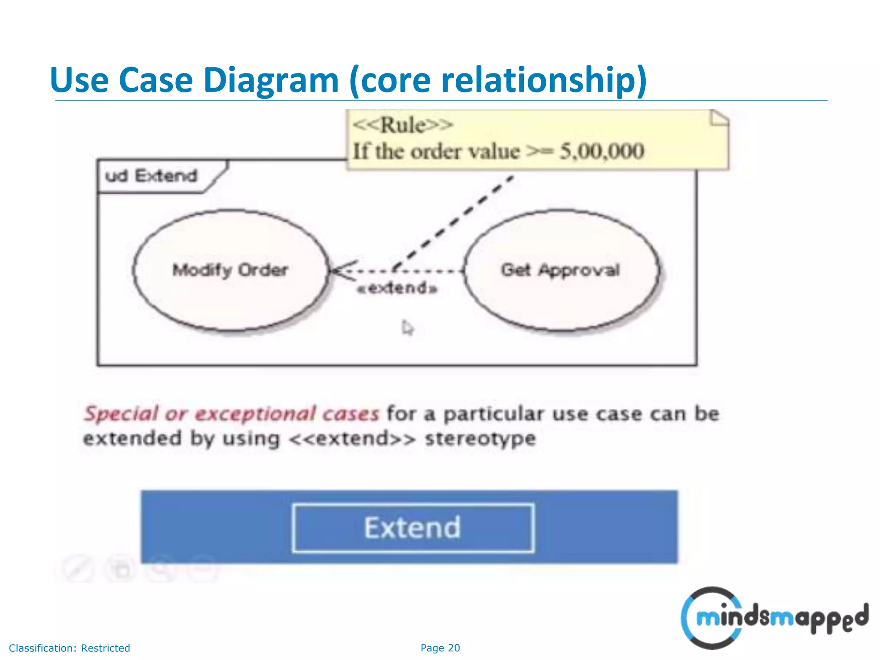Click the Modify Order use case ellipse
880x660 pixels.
(230, 270)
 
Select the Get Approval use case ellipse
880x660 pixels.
(560, 270)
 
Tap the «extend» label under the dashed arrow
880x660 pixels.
(397, 288)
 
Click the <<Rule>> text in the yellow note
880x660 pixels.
(403, 125)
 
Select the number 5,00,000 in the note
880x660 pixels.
(602, 151)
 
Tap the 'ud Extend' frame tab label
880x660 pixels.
(152, 176)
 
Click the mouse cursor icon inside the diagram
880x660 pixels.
(407, 328)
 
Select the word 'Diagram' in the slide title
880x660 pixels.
(271, 80)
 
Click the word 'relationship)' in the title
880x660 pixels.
(544, 80)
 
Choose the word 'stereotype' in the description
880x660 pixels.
(480, 439)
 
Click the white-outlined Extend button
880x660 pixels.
(413, 528)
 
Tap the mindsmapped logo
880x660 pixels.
(773, 618)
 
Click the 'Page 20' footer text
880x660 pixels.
(440, 648)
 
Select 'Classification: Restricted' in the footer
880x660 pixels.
(70, 648)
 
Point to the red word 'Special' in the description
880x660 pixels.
(122, 414)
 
